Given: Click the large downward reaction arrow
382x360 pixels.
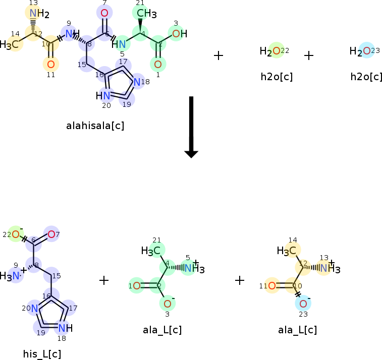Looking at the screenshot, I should click(191, 126).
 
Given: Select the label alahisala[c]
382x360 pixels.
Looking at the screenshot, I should click(95, 126).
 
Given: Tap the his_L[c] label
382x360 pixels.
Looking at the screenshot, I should click(42, 353).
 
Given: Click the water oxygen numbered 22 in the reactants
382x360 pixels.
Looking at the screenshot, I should click(276, 50).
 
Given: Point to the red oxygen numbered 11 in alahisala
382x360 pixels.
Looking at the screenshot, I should click(50, 64).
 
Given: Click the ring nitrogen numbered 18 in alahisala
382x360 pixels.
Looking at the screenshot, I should click(137, 82).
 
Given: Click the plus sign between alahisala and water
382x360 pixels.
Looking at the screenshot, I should click(219, 55).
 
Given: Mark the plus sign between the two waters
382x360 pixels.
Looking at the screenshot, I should click(309, 55).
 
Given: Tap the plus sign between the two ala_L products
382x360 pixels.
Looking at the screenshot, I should click(240, 280).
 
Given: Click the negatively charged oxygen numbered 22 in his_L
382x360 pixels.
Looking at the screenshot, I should click(16, 234).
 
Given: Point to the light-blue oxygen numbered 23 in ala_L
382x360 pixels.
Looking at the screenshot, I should click(303, 304).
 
